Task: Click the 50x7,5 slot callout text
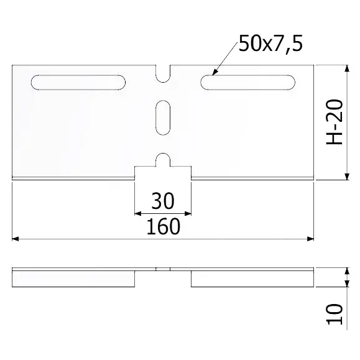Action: click(x=270, y=44)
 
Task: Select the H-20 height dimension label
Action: click(x=335, y=122)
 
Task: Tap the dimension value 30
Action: click(x=163, y=201)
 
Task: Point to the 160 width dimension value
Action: click(x=164, y=226)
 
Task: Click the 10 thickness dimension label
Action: click(x=335, y=314)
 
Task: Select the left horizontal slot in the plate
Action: click(x=78, y=83)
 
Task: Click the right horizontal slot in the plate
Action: click(x=247, y=83)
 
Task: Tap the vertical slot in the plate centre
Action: click(x=163, y=118)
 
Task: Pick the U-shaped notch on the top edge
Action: click(x=163, y=74)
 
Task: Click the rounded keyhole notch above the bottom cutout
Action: click(x=163, y=160)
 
